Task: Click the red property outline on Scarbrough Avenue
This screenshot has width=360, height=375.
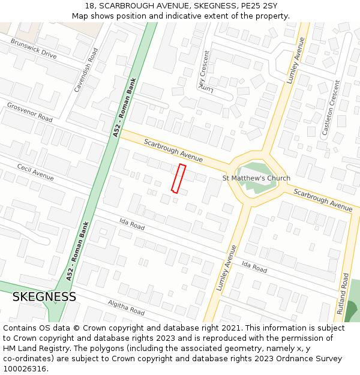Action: [178, 178]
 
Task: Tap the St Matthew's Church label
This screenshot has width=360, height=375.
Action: [256, 178]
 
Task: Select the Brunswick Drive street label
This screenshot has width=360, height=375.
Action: [34, 48]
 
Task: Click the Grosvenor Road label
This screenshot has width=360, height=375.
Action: [29, 112]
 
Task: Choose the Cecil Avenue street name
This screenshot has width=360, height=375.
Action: [35, 172]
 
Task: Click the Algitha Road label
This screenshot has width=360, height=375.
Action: [126, 308]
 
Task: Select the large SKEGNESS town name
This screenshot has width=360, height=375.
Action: [44, 297]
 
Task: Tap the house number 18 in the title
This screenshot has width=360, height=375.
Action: [89, 6]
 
